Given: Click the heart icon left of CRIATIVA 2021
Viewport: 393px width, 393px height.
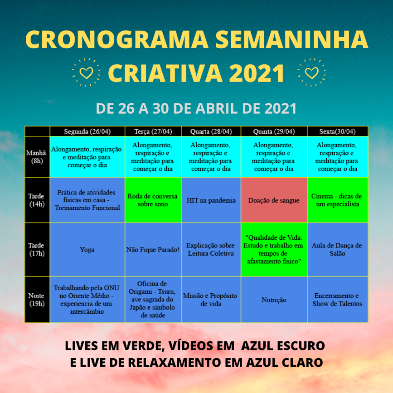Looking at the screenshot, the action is tap(86, 73).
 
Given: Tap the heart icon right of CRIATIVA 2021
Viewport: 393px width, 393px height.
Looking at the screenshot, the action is tap(311, 73).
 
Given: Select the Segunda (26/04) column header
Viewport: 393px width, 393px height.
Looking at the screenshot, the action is tap(87, 131).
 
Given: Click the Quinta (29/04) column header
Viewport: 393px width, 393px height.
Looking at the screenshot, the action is tap(274, 131).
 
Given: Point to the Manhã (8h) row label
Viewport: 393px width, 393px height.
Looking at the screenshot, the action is tap(37, 157).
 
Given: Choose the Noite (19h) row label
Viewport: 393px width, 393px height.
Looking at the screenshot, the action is tap(37, 300).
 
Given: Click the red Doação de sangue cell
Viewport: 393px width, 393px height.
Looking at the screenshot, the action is tap(274, 200).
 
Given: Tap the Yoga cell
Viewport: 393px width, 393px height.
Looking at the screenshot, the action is tap(87, 250).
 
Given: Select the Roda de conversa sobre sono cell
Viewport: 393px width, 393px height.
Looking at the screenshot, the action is tap(153, 200).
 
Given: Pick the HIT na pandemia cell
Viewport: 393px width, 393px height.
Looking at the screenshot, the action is tap(211, 200).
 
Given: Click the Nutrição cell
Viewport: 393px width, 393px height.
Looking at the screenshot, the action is tap(274, 300).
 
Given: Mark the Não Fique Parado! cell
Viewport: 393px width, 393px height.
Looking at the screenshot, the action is tap(153, 250).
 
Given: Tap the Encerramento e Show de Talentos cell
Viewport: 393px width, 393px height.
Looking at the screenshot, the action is tap(338, 300).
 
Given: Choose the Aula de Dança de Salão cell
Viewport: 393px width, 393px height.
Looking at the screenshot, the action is tap(338, 250).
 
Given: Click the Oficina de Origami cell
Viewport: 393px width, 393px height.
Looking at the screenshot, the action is tap(153, 300).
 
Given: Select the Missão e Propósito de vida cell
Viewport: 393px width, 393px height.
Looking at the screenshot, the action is tap(211, 300).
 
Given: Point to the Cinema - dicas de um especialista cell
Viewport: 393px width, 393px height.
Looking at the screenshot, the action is tap(338, 200).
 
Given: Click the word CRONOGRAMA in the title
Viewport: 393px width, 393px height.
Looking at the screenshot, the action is tap(117, 39).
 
